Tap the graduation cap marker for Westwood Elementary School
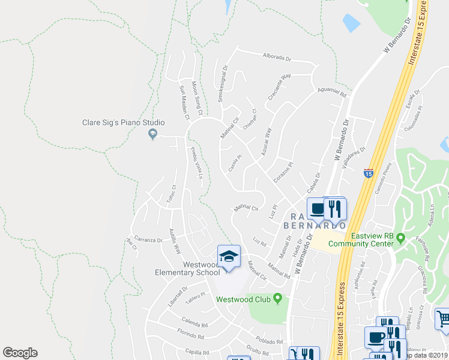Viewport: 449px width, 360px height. (x=229, y=256)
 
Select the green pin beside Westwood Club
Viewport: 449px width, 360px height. (x=277, y=298)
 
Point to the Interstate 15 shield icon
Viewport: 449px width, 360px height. (x=368, y=173)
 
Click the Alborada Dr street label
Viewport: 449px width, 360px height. (x=277, y=59)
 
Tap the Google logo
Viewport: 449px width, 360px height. (x=20, y=353)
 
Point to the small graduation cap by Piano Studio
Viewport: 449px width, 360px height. (x=152, y=134)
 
